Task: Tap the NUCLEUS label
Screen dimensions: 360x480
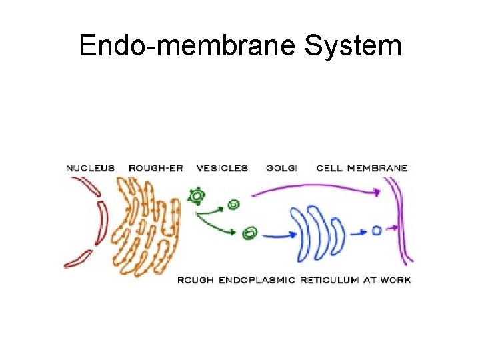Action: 90,169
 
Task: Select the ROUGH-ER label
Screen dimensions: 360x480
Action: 155,169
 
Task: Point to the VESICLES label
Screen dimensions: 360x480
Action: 222,169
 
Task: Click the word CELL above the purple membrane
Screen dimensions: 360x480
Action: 329,169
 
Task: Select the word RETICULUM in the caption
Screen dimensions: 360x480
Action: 329,280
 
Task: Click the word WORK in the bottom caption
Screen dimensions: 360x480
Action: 395,280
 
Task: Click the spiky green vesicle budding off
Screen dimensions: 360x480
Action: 197,196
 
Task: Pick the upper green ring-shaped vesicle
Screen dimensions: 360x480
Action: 233,205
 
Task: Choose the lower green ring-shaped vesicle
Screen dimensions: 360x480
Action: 250,233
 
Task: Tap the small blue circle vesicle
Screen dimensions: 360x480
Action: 377,231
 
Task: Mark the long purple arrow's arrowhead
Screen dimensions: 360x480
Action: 377,193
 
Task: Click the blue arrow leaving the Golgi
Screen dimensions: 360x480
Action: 358,232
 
